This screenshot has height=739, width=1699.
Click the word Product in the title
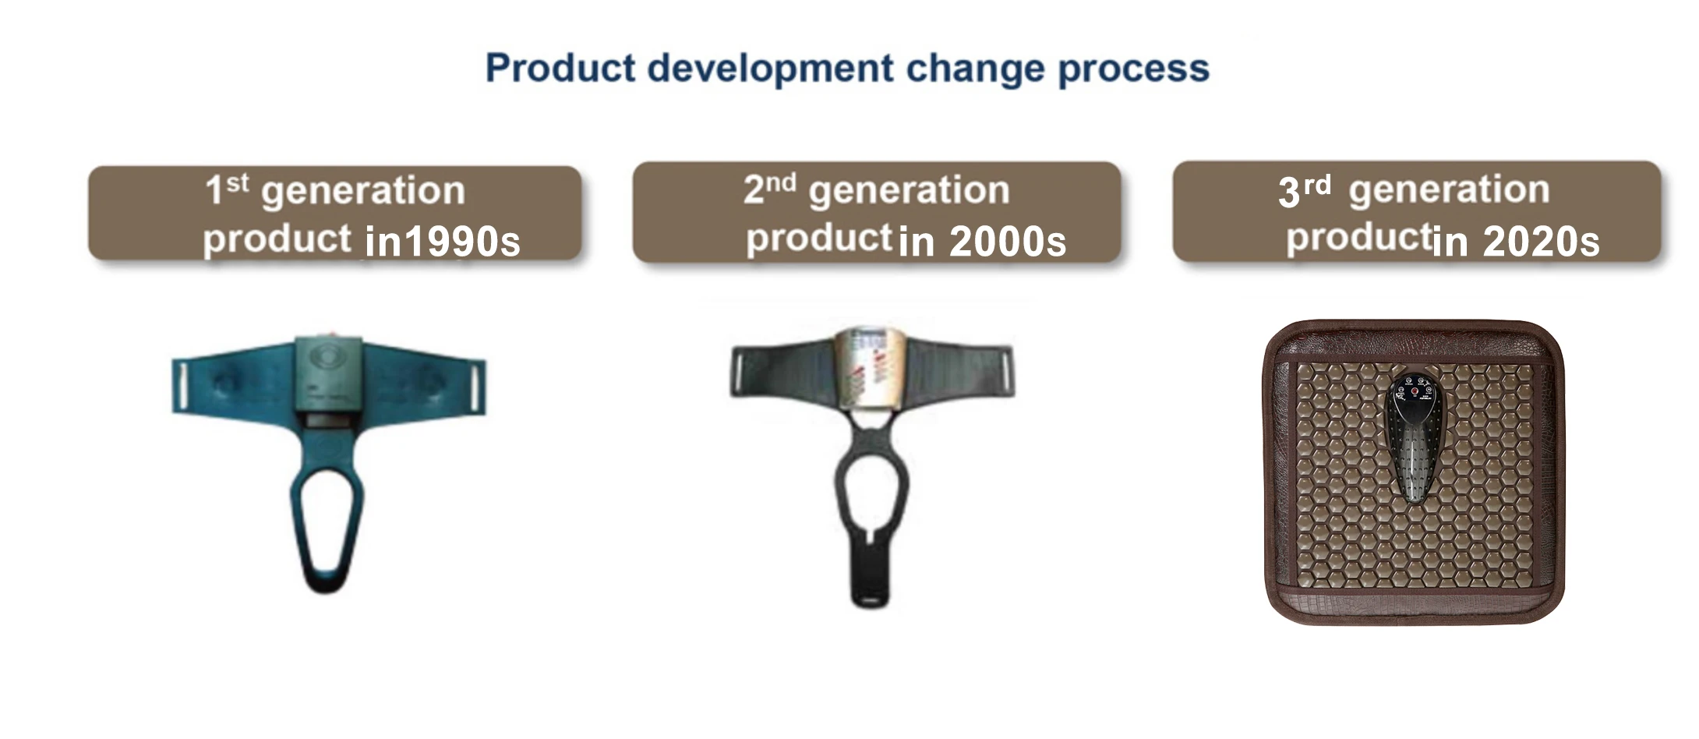560,68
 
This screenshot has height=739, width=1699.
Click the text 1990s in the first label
462,241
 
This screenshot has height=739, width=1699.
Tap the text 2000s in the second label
1008,241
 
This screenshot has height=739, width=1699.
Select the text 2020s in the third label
1541,241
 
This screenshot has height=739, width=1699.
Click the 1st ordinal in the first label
227,189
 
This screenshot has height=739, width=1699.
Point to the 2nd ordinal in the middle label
770,189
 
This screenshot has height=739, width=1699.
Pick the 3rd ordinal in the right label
1305,190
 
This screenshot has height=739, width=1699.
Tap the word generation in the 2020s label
1449,192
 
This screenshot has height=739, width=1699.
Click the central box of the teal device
328,375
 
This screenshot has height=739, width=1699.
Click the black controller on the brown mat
1415,436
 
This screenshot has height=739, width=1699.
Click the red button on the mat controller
1415,391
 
